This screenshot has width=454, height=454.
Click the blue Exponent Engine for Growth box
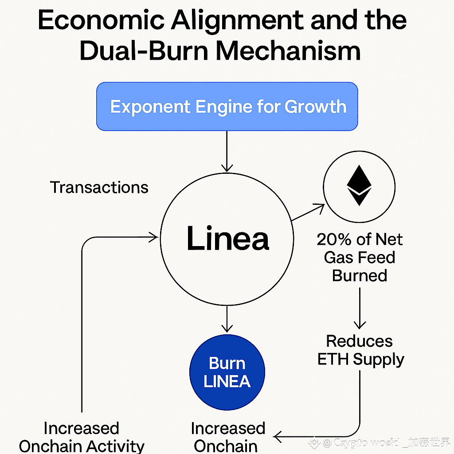coord(227,106)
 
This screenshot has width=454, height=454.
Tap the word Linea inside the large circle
coord(227,239)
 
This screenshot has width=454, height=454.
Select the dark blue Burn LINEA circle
coord(227,372)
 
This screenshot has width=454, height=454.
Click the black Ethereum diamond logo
coord(359,186)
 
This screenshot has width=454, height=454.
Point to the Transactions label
coord(99,188)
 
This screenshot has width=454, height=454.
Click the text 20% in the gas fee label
coord(330,240)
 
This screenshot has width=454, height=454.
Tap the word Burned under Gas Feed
coord(360,276)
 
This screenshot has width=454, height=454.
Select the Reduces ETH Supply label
coord(360,350)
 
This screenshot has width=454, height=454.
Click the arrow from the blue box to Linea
coord(227,151)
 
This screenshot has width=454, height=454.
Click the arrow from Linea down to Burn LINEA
coord(227,319)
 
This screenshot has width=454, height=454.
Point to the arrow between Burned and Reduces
coord(360,308)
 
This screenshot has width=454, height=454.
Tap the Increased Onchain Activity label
coord(82,437)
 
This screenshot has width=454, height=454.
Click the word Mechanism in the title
coord(288,51)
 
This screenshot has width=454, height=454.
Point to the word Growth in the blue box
coord(315,107)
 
